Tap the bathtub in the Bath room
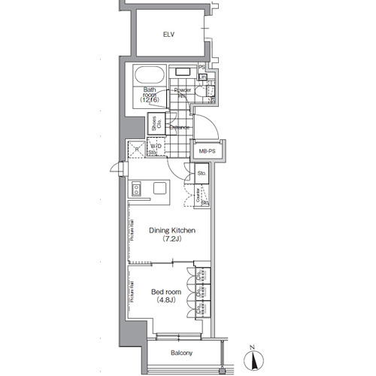click(149, 77)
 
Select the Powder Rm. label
click(181, 92)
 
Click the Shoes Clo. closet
click(153, 123)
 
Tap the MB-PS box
click(207, 151)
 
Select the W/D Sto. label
click(155, 150)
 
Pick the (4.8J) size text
click(165, 301)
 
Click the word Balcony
click(180, 353)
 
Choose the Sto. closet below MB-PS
click(201, 174)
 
